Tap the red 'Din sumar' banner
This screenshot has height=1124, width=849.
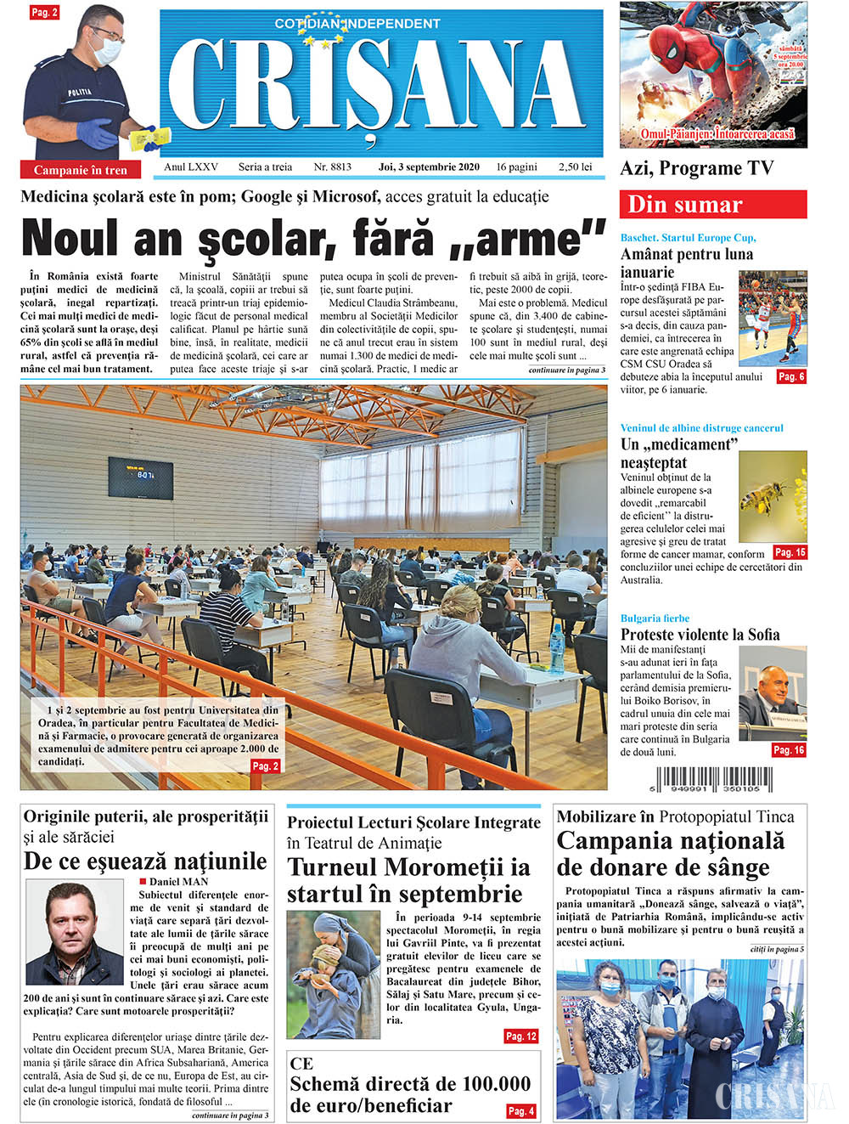point(712,205)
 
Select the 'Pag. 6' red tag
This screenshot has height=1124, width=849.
point(790,376)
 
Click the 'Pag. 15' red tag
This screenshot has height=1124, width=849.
point(790,552)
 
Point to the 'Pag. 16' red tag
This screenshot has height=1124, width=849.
point(788,750)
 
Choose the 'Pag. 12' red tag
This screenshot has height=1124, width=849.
point(520,1036)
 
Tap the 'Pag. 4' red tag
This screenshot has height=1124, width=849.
point(520,1110)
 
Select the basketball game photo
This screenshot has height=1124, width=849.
point(772,318)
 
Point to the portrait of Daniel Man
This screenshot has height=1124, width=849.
point(75,932)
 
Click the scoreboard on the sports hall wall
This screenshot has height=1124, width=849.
point(140,476)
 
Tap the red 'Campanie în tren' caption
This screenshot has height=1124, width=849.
point(81,170)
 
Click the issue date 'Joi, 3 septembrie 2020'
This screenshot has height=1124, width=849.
point(429,167)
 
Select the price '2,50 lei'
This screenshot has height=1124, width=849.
point(575,167)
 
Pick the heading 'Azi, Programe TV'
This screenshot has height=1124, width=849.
point(697,168)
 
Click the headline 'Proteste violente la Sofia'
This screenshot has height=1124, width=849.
point(700,635)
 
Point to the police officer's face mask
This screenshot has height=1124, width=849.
point(105,50)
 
